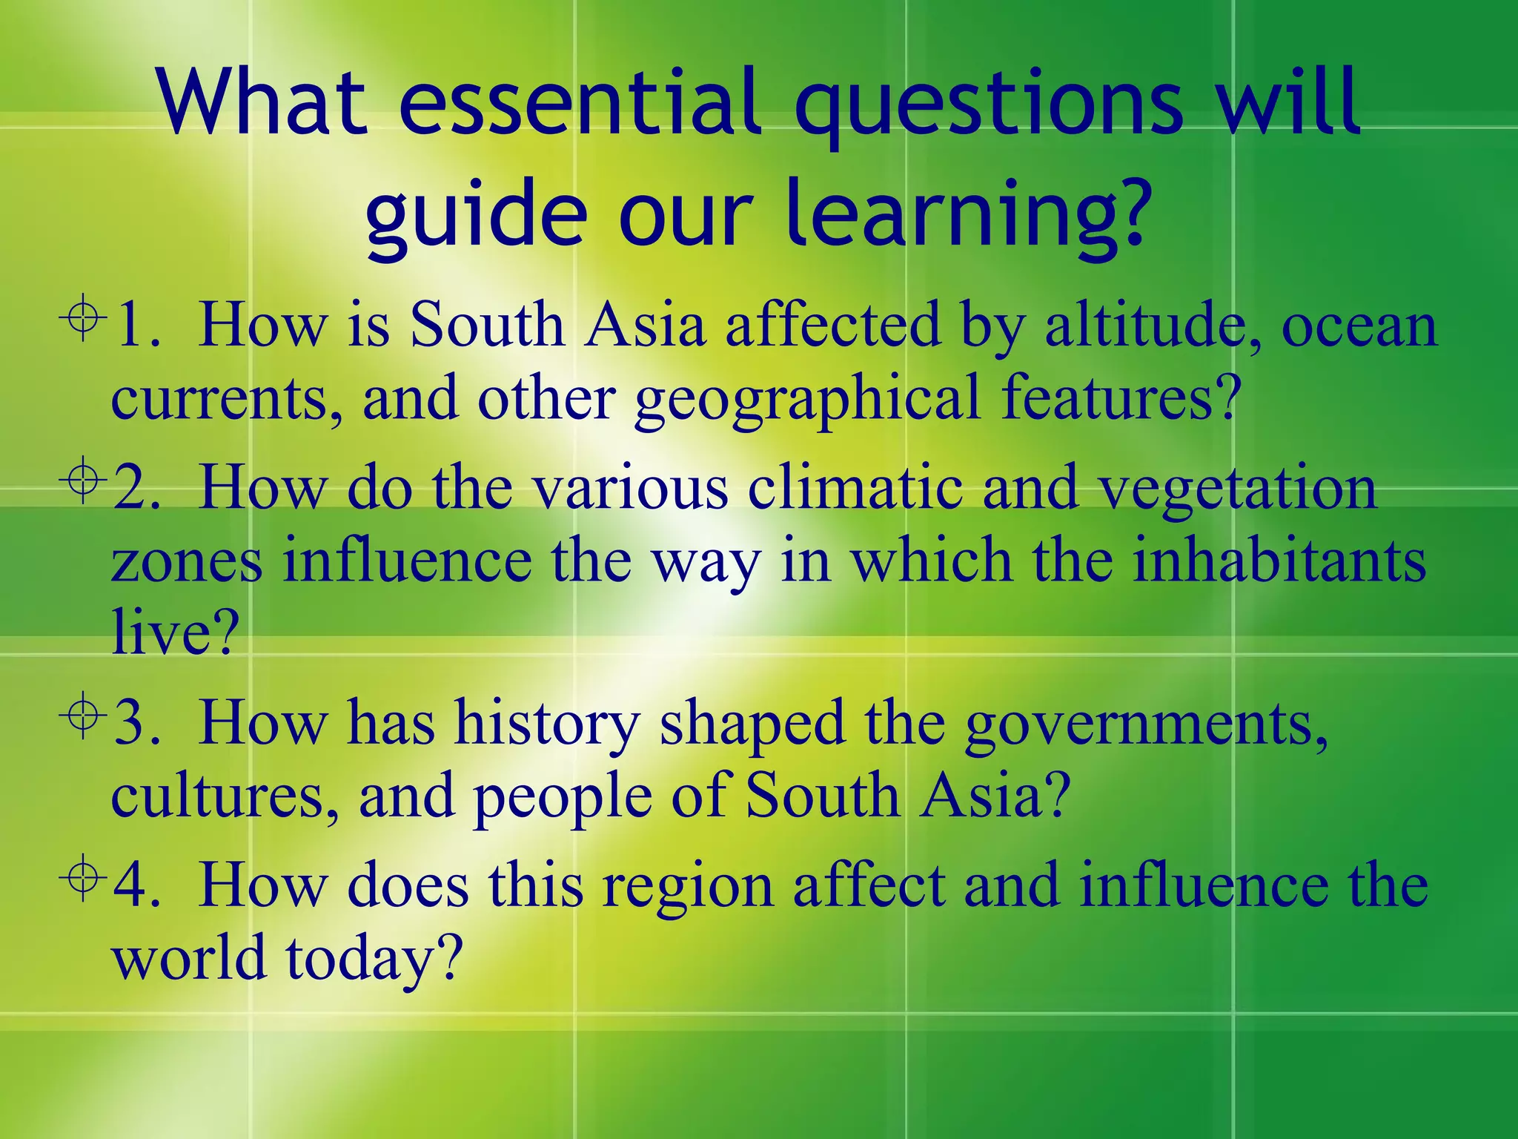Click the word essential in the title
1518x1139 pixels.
[x=580, y=104]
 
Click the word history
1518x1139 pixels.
[x=547, y=724]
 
